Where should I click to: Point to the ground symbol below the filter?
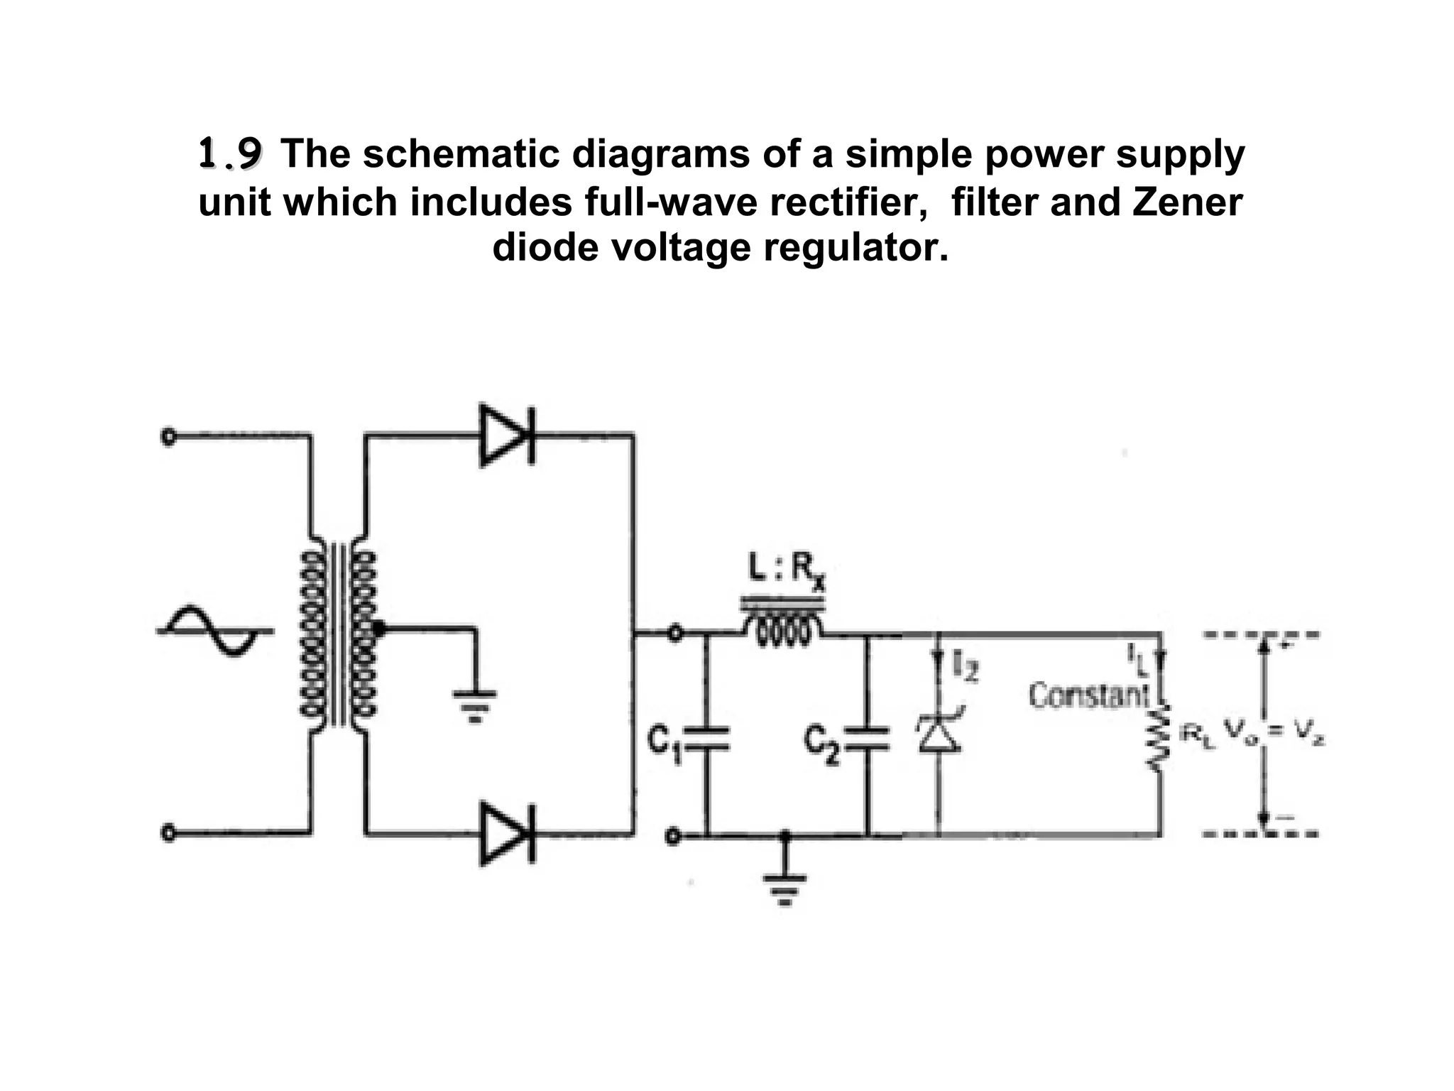click(x=785, y=888)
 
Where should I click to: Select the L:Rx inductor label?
click(x=787, y=570)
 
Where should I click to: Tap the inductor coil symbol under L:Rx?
click(x=783, y=628)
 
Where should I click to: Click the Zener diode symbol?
click(x=939, y=732)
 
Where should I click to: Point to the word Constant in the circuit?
click(x=1088, y=695)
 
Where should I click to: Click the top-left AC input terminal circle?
click(x=168, y=436)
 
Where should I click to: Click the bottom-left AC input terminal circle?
click(x=168, y=832)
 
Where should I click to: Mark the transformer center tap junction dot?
click(x=378, y=628)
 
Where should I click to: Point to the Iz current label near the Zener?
click(x=966, y=668)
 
